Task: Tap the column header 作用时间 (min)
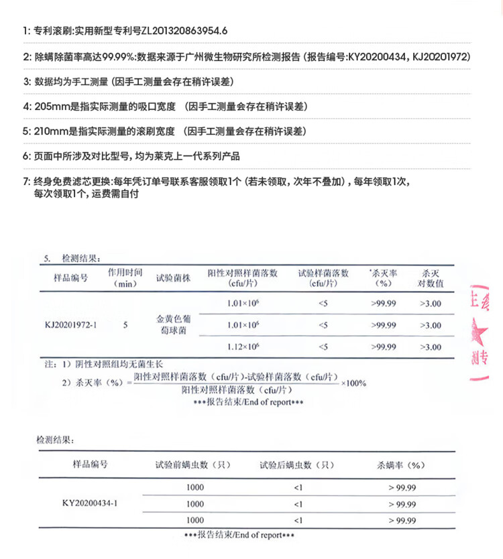click(125, 278)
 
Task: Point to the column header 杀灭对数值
click(431, 278)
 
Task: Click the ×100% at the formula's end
click(353, 383)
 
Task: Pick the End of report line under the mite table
click(239, 535)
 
